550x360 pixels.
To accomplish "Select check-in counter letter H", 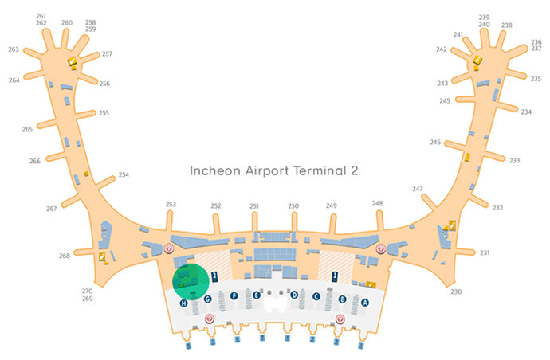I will point(183,303).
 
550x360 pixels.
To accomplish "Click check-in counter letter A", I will point(365,303).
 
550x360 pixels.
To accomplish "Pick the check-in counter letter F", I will point(234,296).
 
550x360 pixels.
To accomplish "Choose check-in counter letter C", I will point(316,297).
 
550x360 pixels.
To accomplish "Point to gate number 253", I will point(171,205).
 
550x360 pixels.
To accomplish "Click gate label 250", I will point(293,206).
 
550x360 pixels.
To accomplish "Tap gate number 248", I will point(377,203).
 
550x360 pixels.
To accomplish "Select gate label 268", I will point(65,256).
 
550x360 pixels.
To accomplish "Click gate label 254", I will point(124,174).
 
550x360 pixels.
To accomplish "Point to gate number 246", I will point(435,142).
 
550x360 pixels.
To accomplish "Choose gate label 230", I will point(456,292).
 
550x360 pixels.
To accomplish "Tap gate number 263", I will point(14,49).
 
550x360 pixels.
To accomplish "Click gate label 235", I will point(536,79).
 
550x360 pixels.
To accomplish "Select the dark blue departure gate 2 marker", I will point(216,276).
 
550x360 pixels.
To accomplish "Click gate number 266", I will point(35,161).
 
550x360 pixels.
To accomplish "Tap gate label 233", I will point(515,160).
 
